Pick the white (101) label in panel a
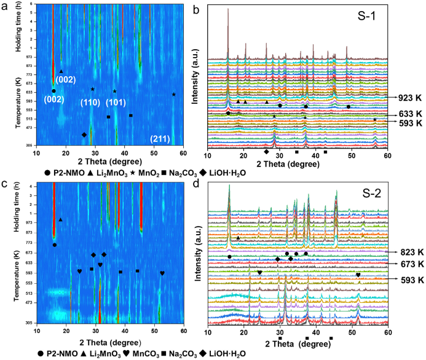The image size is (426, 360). point(117,101)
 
